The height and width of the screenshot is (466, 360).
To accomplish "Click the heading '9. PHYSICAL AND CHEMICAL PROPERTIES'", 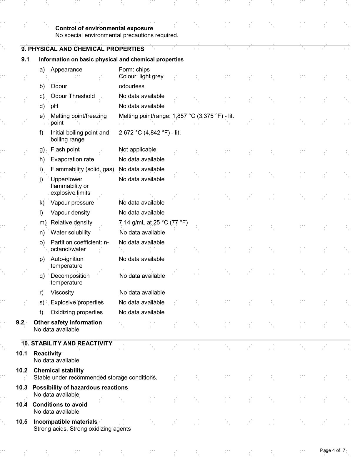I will pos(82,49).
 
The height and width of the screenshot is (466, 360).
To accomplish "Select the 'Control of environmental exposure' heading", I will pos(104,29).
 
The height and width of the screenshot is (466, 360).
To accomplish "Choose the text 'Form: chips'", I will pos(134,70).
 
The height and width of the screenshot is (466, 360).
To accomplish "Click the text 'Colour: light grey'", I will pos(141,76).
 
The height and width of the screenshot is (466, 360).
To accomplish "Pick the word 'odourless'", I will pos(131,86).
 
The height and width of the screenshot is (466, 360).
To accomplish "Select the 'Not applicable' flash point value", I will pos(137,149).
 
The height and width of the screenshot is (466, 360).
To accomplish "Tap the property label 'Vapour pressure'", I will pos(72,203).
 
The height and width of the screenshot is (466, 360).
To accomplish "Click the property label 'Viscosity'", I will pos(62,292).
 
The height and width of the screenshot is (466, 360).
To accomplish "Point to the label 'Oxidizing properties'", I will pos(76,312).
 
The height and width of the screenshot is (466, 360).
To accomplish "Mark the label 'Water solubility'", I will pos(71,232).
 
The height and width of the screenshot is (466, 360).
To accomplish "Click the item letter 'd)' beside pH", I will pos(42,106).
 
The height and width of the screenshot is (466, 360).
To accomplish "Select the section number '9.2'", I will pos(20,322).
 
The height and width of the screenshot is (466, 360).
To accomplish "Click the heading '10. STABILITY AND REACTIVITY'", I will pos(67,343).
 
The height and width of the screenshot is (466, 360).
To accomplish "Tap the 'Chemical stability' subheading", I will pos(59,370).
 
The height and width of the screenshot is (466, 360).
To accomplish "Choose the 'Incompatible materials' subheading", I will pos(65,422).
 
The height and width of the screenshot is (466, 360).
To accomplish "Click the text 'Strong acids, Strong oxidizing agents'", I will pos(82,429).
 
